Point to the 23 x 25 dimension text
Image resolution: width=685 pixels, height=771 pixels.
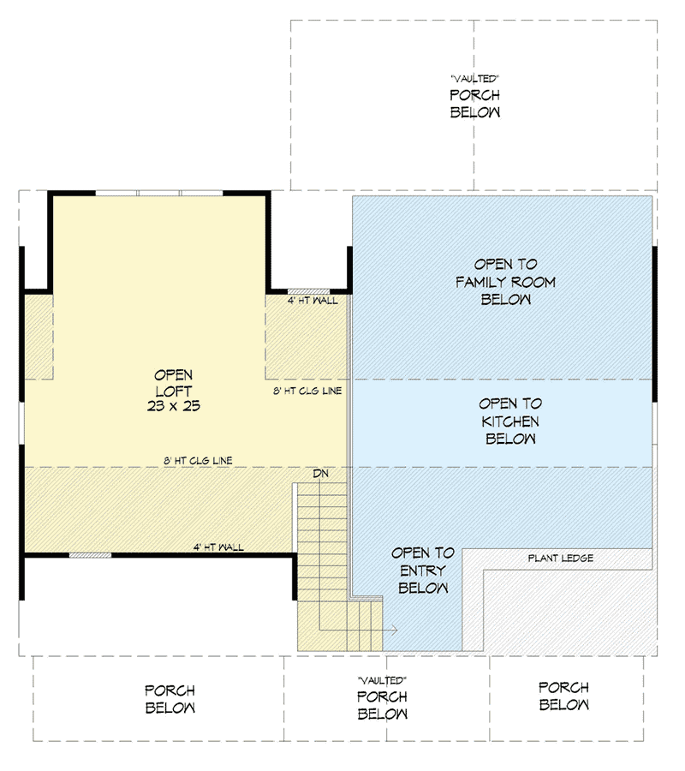tap(173, 406)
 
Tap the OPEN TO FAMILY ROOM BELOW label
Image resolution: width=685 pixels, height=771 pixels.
tap(505, 282)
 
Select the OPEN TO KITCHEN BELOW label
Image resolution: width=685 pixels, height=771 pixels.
tap(509, 421)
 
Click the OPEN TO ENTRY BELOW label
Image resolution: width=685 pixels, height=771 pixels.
tap(423, 571)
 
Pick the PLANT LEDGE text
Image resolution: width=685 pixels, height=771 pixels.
tap(560, 559)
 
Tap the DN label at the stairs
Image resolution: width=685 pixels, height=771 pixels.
tap(320, 474)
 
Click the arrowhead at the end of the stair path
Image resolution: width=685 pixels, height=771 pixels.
tap(394, 630)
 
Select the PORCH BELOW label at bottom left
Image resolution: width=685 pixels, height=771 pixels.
tap(170, 698)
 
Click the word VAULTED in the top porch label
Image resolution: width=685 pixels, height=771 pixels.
tap(474, 78)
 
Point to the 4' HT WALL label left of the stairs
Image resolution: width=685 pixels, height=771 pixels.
tap(219, 547)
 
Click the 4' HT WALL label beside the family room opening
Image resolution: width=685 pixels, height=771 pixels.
tap(313, 302)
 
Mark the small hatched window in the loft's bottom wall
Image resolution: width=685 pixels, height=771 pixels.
tap(90, 555)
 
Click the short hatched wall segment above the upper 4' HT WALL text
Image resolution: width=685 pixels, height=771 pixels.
tap(302, 291)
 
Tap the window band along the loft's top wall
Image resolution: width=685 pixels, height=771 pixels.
tap(158, 194)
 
